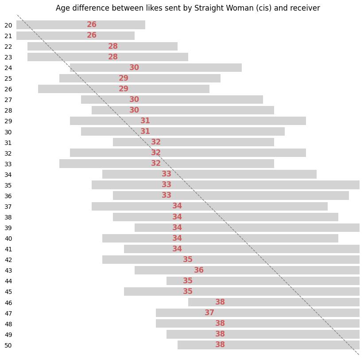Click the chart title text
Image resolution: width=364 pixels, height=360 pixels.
[x=188, y=8]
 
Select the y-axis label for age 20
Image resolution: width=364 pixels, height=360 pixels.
[x=8, y=25]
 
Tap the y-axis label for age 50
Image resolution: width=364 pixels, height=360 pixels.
[x=8, y=345]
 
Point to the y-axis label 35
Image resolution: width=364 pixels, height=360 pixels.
[x=8, y=185]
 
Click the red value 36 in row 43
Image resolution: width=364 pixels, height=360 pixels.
[x=199, y=270]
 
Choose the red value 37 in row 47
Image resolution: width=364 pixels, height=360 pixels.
[x=209, y=313]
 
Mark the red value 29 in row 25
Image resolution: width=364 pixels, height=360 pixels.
[x=124, y=78]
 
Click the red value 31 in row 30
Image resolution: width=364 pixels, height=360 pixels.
[x=145, y=132]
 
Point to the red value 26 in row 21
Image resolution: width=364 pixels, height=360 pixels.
[x=92, y=35]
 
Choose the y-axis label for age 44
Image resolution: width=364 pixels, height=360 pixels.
[x=8, y=281]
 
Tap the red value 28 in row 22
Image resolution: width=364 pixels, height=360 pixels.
[x=113, y=47]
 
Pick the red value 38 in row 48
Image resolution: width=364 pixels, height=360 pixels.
[x=220, y=324]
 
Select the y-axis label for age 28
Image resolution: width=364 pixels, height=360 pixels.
[x=8, y=110]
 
